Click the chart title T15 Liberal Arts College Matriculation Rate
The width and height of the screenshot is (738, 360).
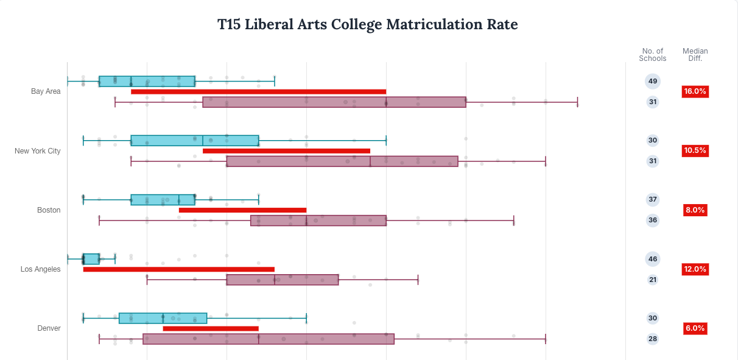tap(368, 24)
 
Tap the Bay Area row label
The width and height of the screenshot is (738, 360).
tap(46, 91)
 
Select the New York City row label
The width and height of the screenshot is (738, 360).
tap(38, 150)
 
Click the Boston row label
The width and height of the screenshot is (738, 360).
tap(49, 210)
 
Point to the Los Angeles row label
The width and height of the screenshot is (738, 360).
tap(40, 269)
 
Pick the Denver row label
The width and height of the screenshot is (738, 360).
tap(49, 328)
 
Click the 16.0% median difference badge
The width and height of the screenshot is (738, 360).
tap(695, 91)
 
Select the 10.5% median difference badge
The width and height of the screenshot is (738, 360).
tap(695, 150)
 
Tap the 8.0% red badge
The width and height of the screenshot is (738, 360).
tap(695, 210)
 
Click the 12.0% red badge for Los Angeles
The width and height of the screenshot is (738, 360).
tap(695, 269)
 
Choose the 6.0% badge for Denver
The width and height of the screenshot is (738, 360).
tap(695, 328)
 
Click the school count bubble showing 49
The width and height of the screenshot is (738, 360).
tap(653, 81)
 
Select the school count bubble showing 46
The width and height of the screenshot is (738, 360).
tap(653, 259)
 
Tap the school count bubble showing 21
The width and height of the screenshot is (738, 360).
tap(653, 280)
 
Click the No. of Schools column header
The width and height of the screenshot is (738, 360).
tap(653, 55)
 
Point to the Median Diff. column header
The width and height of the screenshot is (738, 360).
tap(695, 55)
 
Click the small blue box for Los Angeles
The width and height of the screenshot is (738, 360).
tap(91, 259)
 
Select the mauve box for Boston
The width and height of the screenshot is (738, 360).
tap(318, 221)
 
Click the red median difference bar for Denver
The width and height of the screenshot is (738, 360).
tap(211, 328)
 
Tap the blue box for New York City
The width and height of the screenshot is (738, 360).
tap(195, 141)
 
